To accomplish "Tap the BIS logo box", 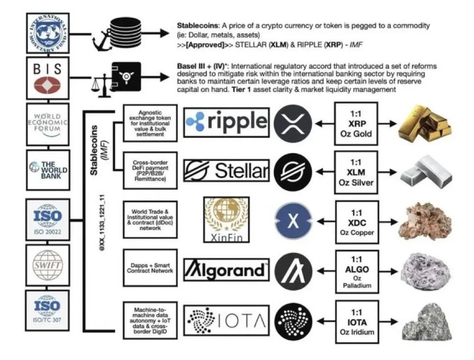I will (x=47, y=78).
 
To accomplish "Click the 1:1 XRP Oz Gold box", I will (x=357, y=123).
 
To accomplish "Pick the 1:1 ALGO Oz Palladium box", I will (x=357, y=270).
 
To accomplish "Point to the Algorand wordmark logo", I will (x=226, y=270).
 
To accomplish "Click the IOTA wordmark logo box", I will (x=226, y=320).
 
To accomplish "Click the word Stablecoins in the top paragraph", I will (x=194, y=25).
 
